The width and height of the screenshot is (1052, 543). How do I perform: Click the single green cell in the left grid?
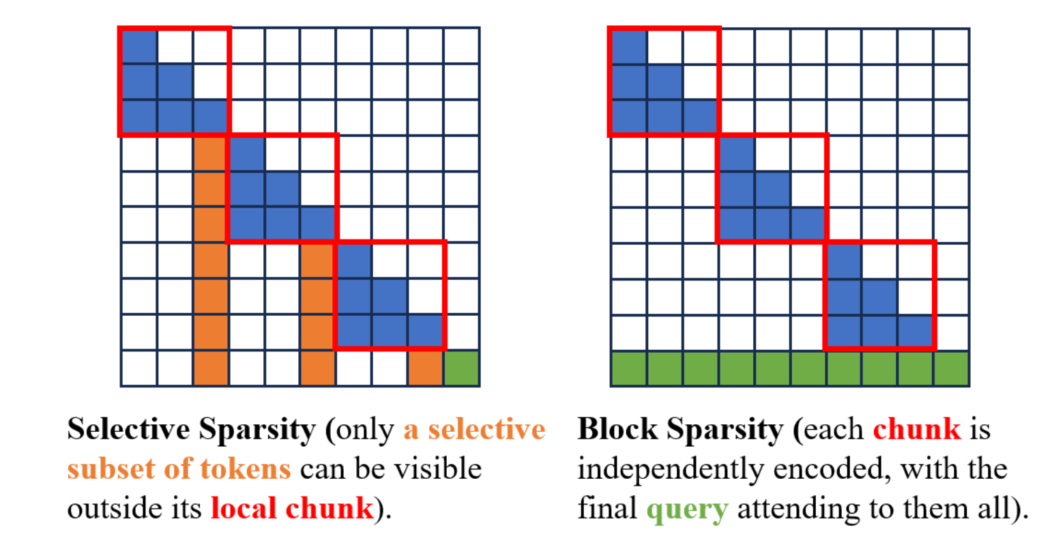pyautogui.click(x=461, y=368)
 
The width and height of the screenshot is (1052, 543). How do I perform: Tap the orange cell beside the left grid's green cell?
pyautogui.click(x=426, y=368)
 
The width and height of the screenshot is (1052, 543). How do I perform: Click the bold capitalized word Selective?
pyautogui.click(x=129, y=430)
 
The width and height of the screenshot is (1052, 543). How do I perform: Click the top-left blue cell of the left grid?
pyautogui.click(x=139, y=46)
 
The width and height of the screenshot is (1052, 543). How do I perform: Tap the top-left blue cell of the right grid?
pyautogui.click(x=628, y=46)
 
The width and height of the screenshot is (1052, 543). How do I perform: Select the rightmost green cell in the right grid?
pyautogui.click(x=951, y=368)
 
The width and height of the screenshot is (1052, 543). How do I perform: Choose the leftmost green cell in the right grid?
pyautogui.click(x=628, y=368)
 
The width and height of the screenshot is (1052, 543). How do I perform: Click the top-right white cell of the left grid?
pyautogui.click(x=461, y=46)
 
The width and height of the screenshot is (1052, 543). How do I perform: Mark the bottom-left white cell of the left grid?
pyautogui.click(x=139, y=368)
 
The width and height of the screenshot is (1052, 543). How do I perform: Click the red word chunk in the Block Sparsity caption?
pyautogui.click(x=916, y=430)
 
